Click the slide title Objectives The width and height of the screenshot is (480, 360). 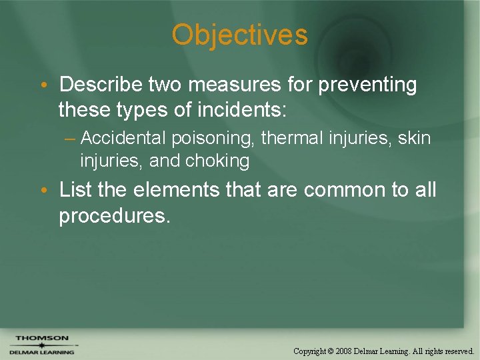tap(239, 35)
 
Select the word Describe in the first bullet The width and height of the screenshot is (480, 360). tap(101, 85)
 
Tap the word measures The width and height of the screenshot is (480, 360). tap(235, 85)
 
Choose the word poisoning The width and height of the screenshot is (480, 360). tap(213, 139)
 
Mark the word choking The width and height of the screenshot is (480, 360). tap(219, 161)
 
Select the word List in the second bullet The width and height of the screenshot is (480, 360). tap(75, 190)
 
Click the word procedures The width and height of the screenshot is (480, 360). tap(114, 215)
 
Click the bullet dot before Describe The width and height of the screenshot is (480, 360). tap(43, 85)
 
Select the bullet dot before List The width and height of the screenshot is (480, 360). tap(43, 191)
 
